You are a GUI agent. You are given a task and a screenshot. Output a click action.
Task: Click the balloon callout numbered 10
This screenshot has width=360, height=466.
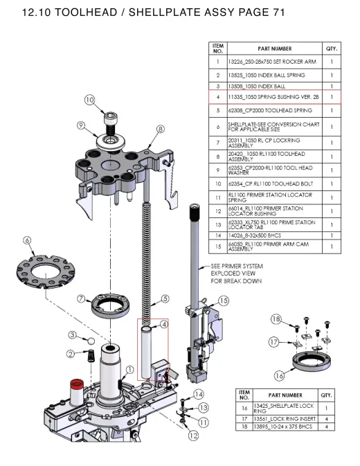89,100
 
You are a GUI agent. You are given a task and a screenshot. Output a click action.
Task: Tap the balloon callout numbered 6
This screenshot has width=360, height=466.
27,240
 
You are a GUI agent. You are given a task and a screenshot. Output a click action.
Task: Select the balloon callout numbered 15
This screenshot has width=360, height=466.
224,301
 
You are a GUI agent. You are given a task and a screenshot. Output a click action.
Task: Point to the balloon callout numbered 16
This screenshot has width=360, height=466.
279,376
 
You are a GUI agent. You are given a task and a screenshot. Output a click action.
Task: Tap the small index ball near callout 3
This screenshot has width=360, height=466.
91,341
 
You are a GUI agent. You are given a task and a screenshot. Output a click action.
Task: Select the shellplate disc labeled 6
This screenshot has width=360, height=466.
46,271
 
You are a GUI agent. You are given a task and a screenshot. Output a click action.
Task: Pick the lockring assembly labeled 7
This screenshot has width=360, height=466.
111,306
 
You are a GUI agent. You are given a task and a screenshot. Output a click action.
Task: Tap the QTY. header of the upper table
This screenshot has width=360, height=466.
332,48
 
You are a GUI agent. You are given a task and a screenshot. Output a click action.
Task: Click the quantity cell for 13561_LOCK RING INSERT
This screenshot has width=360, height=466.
326,419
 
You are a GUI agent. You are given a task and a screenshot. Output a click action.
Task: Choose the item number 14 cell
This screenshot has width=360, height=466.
218,235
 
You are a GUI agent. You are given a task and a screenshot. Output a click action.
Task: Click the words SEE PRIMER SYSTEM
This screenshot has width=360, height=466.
237,266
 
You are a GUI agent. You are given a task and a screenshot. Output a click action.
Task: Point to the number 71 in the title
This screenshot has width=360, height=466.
278,12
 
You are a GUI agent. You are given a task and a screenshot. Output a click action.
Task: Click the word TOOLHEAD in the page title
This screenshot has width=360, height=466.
86,12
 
